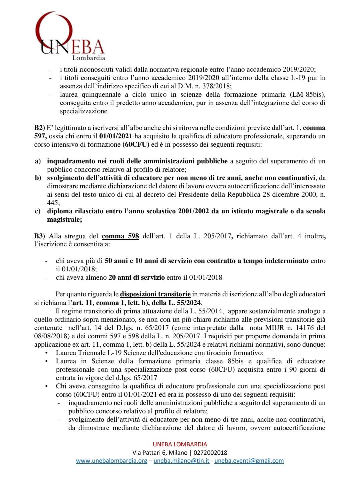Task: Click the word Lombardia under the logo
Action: click(x=89, y=58)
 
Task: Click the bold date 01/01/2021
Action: click(x=116, y=136)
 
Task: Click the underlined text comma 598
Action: click(x=120, y=236)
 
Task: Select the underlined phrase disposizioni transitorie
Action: click(x=155, y=294)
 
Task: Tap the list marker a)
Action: click(x=38, y=161)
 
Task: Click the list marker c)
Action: click(x=38, y=211)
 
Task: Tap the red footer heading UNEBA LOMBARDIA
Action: click(x=180, y=444)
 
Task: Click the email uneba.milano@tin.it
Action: click(x=181, y=461)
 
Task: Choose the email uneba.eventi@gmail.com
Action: click(x=249, y=461)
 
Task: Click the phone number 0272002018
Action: click(x=210, y=453)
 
